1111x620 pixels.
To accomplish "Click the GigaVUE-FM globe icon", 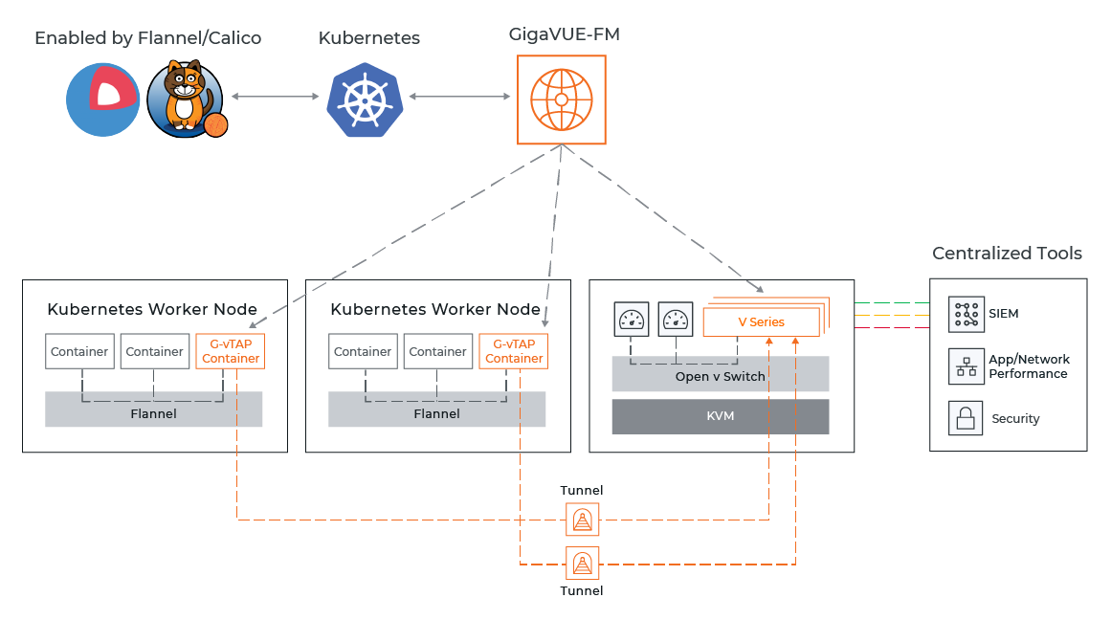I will pyautogui.click(x=561, y=100).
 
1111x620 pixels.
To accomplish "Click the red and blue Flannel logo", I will pyautogui.click(x=103, y=99).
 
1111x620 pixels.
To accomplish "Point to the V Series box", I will pyautogui.click(x=761, y=322).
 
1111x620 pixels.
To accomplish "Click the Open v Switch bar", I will pyautogui.click(x=720, y=375).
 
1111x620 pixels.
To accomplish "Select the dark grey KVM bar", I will pyautogui.click(x=720, y=417).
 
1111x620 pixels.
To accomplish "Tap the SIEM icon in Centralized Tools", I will pyautogui.click(x=966, y=314).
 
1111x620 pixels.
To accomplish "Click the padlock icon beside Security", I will pyautogui.click(x=966, y=418).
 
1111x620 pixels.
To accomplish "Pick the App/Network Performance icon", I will pyautogui.click(x=966, y=366).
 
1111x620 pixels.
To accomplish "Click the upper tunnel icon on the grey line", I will pyautogui.click(x=582, y=520).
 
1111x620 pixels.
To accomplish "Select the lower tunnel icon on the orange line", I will pyautogui.click(x=582, y=564).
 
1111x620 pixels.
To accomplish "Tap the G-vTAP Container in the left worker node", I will pyautogui.click(x=230, y=351).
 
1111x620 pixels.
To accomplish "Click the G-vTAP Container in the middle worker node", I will pyautogui.click(x=514, y=351).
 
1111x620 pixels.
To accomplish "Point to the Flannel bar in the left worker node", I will pyautogui.click(x=153, y=413).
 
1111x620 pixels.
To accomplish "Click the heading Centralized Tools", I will pyautogui.click(x=1007, y=254).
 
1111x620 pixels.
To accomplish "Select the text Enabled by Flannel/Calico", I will pyautogui.click(x=147, y=38).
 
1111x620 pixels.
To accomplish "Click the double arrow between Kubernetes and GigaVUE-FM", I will pyautogui.click(x=458, y=97).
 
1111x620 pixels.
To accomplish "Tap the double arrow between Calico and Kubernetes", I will pyautogui.click(x=275, y=97).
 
